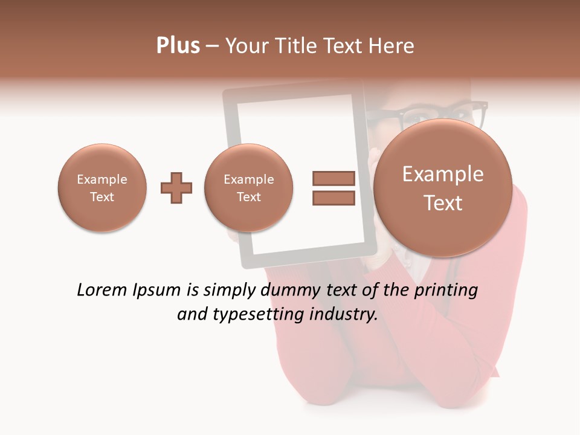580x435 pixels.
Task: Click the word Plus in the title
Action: pyautogui.click(x=178, y=45)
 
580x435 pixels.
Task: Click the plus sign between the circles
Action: pyautogui.click(x=176, y=187)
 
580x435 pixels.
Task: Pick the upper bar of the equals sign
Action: pyautogui.click(x=333, y=178)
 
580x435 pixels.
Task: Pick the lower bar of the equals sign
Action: pyautogui.click(x=333, y=198)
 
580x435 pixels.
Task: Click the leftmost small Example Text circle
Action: pyautogui.click(x=102, y=187)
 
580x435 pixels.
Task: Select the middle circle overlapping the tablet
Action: pyautogui.click(x=248, y=187)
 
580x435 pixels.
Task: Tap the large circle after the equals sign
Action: pyautogui.click(x=443, y=187)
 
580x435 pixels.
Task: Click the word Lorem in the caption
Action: pyautogui.click(x=103, y=290)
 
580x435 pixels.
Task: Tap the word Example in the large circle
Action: pyautogui.click(x=443, y=174)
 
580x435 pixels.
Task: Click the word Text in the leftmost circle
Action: pyautogui.click(x=102, y=197)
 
